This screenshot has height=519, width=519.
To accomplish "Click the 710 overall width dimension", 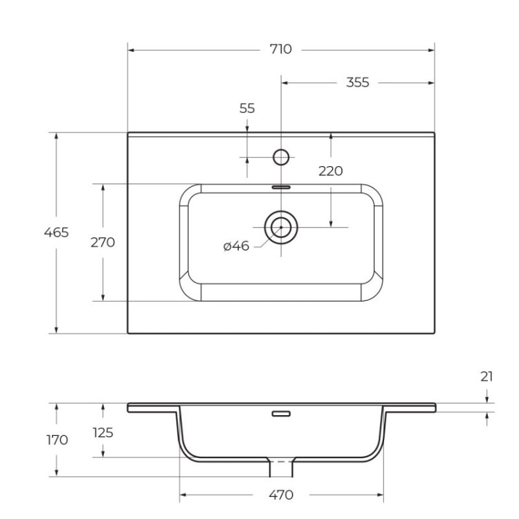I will pyautogui.click(x=281, y=49).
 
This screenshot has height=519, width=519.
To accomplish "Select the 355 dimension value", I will pyautogui.click(x=357, y=82).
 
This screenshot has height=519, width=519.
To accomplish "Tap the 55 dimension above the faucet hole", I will pyautogui.click(x=247, y=108).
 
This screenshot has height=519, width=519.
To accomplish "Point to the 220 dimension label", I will pyautogui.click(x=331, y=171).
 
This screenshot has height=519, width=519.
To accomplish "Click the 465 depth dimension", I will pyautogui.click(x=56, y=233).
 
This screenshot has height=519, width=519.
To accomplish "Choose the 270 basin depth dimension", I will pyautogui.click(x=102, y=242).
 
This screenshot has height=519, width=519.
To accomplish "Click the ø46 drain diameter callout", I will pyautogui.click(x=236, y=246).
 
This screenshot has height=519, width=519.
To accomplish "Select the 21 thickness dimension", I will pyautogui.click(x=486, y=376).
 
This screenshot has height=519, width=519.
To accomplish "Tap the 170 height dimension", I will pyautogui.click(x=56, y=439).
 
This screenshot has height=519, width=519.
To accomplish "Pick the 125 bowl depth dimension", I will pyautogui.click(x=102, y=432).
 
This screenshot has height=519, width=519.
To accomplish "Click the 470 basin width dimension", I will pyautogui.click(x=280, y=495).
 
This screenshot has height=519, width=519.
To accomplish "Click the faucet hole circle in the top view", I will pyautogui.click(x=281, y=157).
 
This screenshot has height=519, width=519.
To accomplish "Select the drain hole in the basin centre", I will pyautogui.click(x=281, y=226).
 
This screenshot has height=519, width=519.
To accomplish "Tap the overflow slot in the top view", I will pyautogui.click(x=281, y=186).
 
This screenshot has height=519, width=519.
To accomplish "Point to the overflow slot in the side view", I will pyautogui.click(x=281, y=414).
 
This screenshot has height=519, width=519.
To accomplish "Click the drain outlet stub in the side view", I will pyautogui.click(x=281, y=468).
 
